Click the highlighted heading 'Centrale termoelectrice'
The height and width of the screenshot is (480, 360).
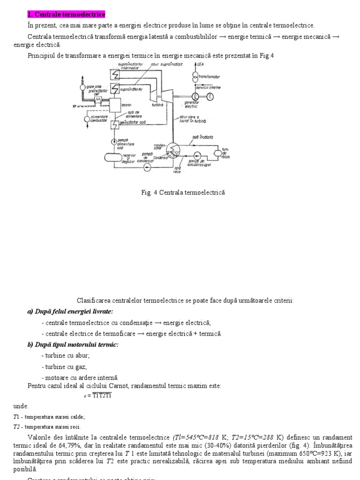point(66,15)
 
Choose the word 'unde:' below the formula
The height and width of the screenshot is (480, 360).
point(21,406)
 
